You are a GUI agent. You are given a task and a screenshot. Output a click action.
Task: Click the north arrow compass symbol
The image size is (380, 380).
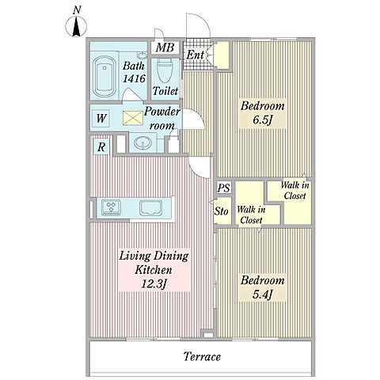(x=76, y=26)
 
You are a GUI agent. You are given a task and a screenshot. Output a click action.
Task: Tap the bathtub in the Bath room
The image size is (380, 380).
(x=104, y=77)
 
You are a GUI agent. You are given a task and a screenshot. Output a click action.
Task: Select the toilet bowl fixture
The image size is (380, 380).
(x=164, y=70)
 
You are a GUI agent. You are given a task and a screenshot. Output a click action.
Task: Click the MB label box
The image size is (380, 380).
(x=165, y=47)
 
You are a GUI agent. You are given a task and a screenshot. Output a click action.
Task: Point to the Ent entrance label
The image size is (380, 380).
(x=195, y=55)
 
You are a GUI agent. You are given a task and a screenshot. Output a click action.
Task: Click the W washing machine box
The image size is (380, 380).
(x=101, y=119)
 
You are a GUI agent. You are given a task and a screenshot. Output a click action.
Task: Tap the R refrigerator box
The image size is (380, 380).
(x=101, y=147)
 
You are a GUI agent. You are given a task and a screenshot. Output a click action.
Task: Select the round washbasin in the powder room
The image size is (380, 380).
(x=142, y=143)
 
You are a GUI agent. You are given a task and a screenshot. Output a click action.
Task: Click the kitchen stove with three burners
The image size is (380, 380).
(x=112, y=207)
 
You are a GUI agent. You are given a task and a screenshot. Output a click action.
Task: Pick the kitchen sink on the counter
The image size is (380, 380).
(x=151, y=207)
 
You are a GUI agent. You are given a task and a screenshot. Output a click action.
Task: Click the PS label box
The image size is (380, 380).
(x=224, y=188)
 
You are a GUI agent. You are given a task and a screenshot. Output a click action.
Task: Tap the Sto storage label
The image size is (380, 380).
(x=221, y=211)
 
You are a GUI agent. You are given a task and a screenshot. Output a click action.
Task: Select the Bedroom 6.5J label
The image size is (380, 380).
(x=263, y=113)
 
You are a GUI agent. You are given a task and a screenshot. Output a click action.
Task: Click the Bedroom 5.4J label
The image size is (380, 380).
(x=263, y=287)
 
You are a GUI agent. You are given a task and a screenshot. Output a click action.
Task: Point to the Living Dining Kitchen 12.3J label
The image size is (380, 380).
(x=154, y=270)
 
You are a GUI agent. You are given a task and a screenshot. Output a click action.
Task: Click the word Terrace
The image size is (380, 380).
(x=202, y=357)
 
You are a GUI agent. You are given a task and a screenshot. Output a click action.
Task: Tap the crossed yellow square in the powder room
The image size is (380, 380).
(x=133, y=118)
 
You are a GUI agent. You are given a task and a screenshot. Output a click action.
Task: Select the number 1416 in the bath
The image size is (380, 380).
(x=134, y=78)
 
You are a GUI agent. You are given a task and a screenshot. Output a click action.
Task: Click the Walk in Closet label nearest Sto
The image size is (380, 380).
(x=251, y=215)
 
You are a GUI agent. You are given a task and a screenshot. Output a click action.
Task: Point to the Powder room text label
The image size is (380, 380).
(x=162, y=118)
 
